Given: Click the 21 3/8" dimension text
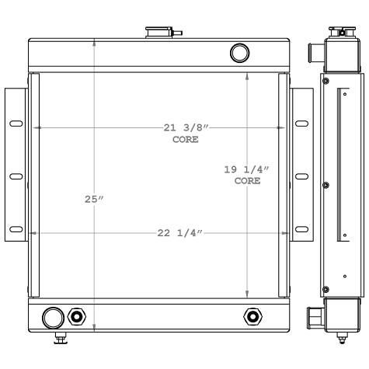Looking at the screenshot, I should [186, 127].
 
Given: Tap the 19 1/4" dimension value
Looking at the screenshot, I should [247, 169].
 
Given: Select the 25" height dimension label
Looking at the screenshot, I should [94, 200].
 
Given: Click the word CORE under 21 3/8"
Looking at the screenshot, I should [186, 140].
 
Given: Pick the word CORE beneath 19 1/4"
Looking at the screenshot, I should [247, 180].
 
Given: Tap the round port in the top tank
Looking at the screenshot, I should [240, 53].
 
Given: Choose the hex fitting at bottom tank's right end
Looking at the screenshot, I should [274, 316].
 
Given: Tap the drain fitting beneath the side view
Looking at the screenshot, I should [341, 339].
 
